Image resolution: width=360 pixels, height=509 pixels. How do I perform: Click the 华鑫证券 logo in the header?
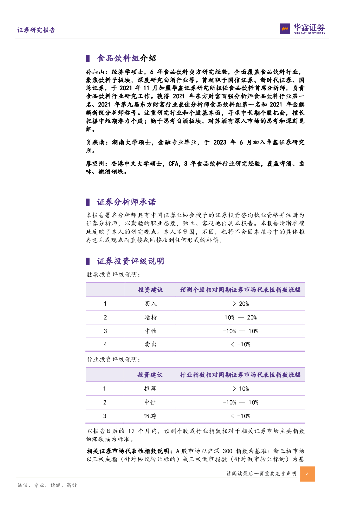pyautogui.click(x=302, y=29)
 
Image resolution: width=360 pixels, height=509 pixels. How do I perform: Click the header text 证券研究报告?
pyautogui.click(x=36, y=30)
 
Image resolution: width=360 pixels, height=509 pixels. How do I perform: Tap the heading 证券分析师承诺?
pyautogui.click(x=126, y=202)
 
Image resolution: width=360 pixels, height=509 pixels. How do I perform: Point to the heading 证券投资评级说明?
pyautogui.click(x=130, y=261)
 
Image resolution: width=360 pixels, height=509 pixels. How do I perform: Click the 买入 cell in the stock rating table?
pyautogui.click(x=150, y=304)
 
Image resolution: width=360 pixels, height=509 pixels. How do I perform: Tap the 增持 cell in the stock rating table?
pyautogui.click(x=150, y=317)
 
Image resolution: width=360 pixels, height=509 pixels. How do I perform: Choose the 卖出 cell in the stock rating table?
pyautogui.click(x=150, y=344)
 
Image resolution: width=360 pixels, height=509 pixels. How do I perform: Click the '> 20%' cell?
pyautogui.click(x=240, y=304)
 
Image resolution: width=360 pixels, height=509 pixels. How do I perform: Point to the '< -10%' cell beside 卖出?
pyautogui.click(x=240, y=344)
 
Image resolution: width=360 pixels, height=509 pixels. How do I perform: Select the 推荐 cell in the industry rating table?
pyautogui.click(x=150, y=389)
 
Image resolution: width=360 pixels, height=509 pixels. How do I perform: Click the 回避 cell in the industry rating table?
pyautogui.click(x=150, y=416)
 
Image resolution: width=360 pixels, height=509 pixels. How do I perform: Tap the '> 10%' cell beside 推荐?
pyautogui.click(x=240, y=389)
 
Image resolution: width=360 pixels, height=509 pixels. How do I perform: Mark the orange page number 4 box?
pyautogui.click(x=308, y=474)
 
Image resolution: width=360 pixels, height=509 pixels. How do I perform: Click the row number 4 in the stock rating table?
pyautogui.click(x=105, y=344)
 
